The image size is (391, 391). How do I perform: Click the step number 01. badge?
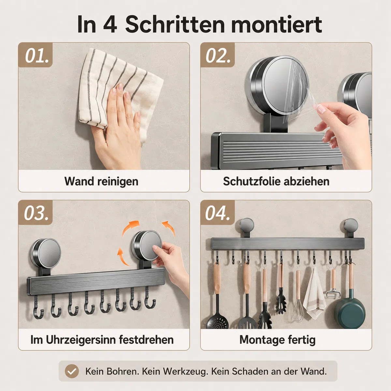(35, 55)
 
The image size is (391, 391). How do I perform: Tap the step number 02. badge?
(218, 55)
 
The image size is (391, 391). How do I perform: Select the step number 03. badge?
(35, 212)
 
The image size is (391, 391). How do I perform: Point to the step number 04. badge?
(218, 212)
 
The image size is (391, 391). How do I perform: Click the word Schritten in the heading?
(175, 24)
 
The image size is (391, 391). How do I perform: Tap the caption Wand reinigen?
(101, 181)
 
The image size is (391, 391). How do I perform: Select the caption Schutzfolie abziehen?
(276, 181)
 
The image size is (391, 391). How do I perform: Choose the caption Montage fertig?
(277, 340)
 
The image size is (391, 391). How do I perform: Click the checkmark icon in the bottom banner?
(72, 371)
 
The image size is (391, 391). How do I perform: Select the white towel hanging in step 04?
(314, 294)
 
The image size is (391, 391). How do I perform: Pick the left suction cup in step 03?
(45, 253)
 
